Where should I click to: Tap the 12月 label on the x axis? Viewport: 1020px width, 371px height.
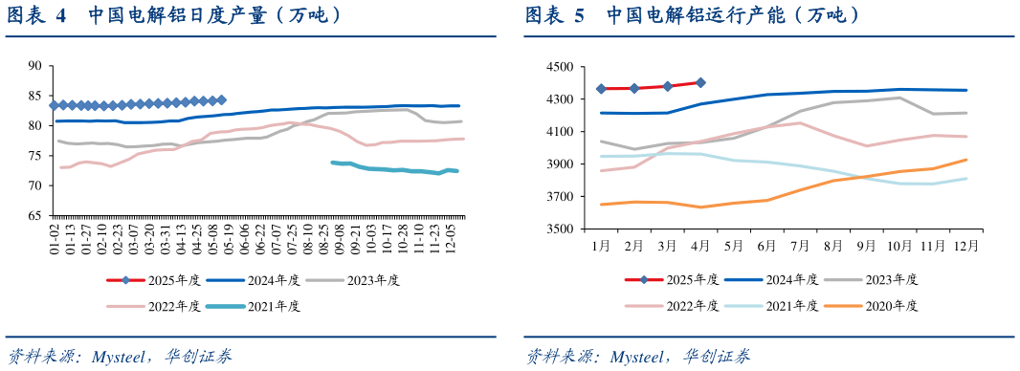pyautogui.click(x=965, y=245)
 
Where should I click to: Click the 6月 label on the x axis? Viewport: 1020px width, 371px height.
pyautogui.click(x=765, y=245)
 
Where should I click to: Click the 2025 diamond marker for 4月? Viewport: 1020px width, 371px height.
pyautogui.click(x=700, y=82)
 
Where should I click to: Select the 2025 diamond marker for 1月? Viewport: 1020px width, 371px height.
pyautogui.click(x=601, y=89)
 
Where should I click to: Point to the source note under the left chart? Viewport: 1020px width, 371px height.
pyautogui.click(x=119, y=356)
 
